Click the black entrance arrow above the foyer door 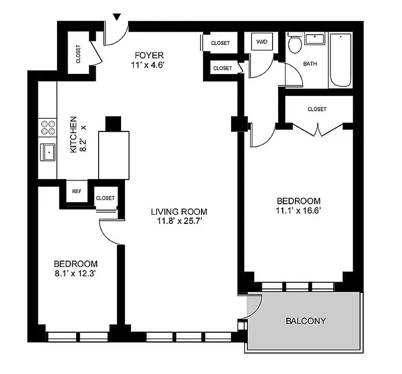117,17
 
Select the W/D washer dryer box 262,42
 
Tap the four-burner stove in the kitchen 47,128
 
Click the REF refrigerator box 77,191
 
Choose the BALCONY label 306,321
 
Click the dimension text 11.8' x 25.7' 179,221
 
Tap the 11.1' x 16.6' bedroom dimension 298,210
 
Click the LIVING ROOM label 179,211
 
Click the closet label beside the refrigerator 105,198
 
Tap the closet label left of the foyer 78,54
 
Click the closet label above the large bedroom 317,109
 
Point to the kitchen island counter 114,155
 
